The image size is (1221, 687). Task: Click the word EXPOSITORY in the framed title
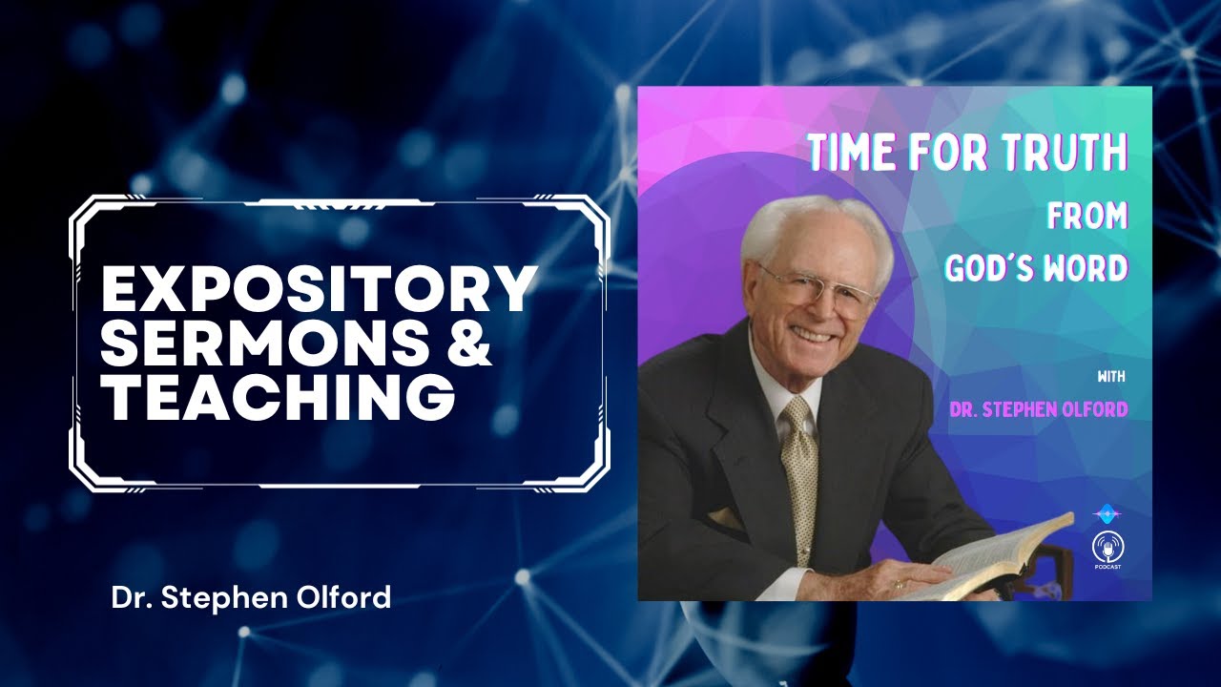319,290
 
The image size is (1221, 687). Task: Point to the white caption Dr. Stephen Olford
251,598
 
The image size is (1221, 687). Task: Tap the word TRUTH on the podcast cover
1069,154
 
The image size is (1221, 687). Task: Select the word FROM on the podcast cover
1087,217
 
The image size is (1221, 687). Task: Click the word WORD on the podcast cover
1087,268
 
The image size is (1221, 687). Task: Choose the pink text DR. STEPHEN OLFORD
1038,409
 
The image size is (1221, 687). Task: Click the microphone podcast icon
1107,546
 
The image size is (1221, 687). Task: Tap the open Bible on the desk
992,563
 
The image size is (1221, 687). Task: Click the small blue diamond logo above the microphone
1107,512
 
